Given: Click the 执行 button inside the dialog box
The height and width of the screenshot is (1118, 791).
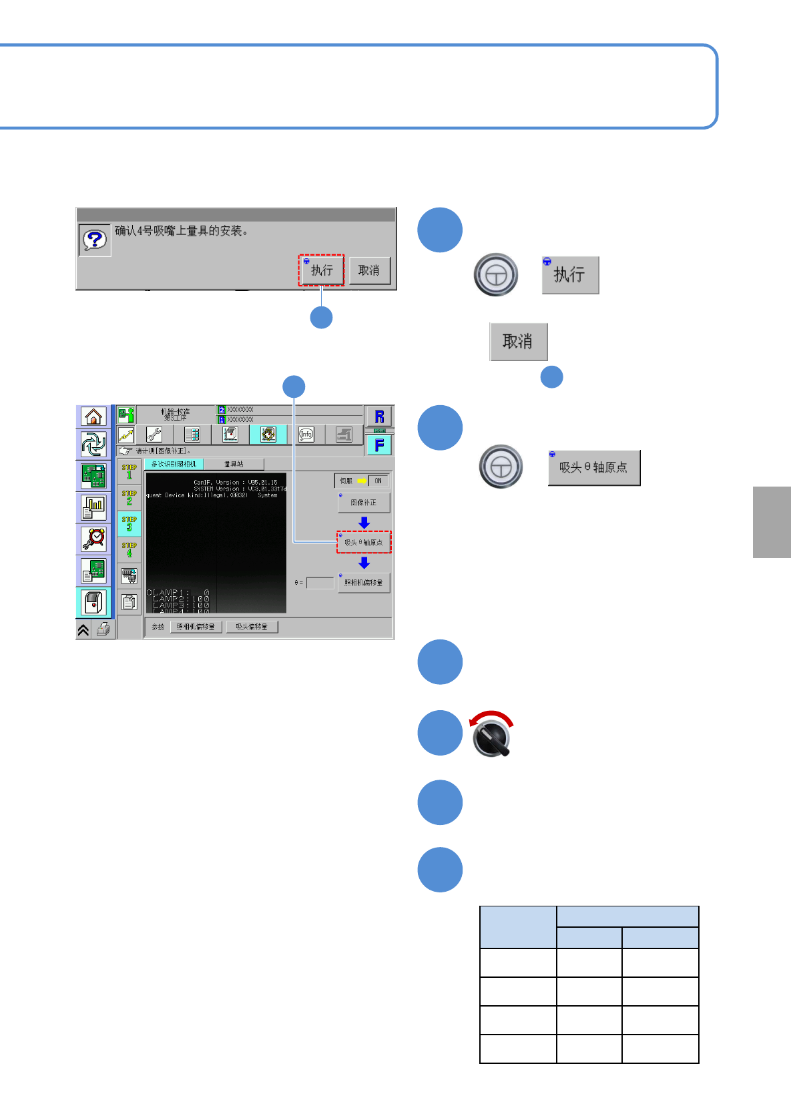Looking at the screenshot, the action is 321,270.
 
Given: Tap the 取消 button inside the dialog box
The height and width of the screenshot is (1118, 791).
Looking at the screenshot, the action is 369,270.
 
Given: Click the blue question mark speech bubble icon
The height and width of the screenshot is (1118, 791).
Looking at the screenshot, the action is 95,240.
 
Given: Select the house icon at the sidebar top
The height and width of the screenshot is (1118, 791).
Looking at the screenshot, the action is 93,416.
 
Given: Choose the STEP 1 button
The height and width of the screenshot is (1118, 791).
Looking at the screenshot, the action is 129,472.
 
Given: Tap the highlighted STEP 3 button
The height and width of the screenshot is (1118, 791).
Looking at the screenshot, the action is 129,524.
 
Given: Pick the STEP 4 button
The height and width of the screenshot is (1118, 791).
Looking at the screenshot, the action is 129,550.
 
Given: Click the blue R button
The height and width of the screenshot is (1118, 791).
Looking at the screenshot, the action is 379,416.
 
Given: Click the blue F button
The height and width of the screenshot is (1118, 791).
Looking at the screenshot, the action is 379,445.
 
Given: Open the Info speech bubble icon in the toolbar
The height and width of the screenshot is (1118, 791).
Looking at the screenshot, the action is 306,435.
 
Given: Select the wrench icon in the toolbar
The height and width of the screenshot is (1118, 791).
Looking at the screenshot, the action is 154,435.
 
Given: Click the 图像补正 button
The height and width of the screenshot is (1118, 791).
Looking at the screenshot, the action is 364,503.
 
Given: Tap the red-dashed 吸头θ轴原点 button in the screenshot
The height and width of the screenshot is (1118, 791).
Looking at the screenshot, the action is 364,543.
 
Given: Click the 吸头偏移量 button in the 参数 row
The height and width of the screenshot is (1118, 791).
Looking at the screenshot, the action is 252,627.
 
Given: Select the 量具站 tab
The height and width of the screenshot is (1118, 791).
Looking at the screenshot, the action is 234,464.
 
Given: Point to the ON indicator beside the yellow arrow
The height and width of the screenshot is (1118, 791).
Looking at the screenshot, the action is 378,481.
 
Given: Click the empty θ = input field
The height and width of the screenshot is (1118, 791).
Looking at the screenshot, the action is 320,583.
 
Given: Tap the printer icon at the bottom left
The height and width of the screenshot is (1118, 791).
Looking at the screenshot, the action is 103,629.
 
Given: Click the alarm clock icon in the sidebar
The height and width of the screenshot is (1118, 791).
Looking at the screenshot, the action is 93,539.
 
